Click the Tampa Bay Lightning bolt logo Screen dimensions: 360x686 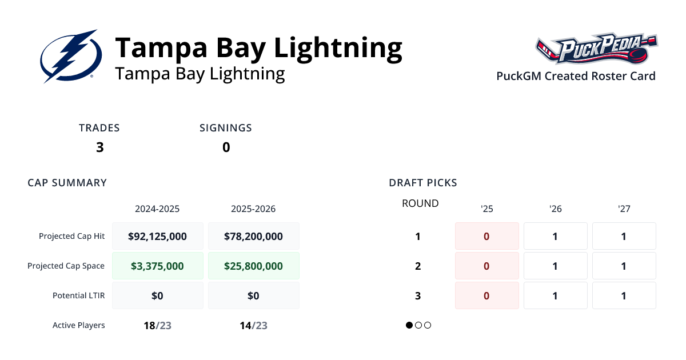click(71, 56)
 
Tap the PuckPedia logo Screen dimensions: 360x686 click(596, 49)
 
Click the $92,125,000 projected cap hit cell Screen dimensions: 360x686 click(157, 236)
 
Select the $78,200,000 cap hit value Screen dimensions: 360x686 click(253, 236)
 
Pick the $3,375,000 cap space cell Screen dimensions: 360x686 click(157, 266)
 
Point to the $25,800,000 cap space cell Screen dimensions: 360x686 click(253, 266)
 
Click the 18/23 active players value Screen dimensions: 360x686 click(157, 326)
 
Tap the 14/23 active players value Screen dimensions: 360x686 click(253, 326)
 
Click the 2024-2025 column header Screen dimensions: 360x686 click(157, 209)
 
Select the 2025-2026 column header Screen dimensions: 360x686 click(253, 209)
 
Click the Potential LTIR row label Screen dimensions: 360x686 click(79, 295)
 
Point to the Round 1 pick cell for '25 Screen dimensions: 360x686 click(486, 236)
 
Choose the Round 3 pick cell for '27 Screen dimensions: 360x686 click(624, 295)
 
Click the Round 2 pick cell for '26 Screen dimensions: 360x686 click(555, 266)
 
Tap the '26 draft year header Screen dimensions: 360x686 click(555, 209)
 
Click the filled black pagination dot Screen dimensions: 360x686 click(409, 325)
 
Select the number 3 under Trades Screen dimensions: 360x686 click(100, 147)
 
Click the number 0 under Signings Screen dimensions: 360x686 click(226, 147)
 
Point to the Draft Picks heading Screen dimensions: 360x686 click(423, 183)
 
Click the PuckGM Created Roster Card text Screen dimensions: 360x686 click(576, 76)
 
